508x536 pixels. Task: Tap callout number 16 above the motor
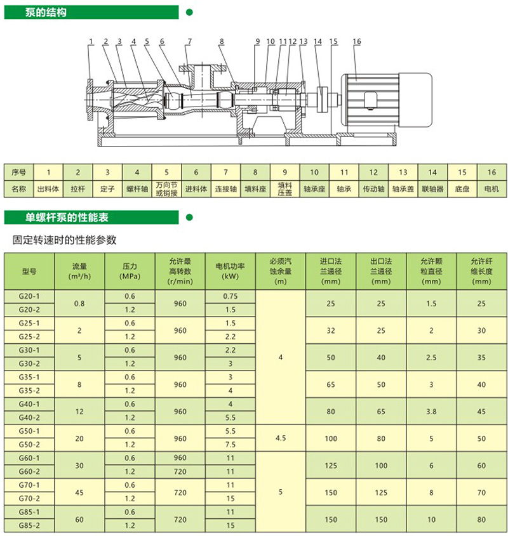tap(356, 41)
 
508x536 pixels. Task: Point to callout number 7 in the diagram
tap(189, 41)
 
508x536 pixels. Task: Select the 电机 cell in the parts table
tap(491, 189)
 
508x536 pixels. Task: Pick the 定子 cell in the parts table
tap(106, 189)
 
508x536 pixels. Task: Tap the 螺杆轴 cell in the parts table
tap(136, 189)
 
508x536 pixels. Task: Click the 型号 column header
tap(30, 271)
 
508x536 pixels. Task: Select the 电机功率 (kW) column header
tap(230, 271)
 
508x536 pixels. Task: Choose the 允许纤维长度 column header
tap(481, 271)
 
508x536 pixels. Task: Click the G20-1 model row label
tap(30, 296)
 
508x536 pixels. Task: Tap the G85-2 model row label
tap(30, 525)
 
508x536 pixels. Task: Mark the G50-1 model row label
tap(30, 431)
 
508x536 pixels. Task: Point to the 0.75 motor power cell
tap(230, 296)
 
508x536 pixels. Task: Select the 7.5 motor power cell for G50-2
tap(230, 445)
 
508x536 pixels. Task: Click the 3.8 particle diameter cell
tap(431, 411)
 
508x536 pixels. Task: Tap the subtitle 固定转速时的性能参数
tap(64, 241)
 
